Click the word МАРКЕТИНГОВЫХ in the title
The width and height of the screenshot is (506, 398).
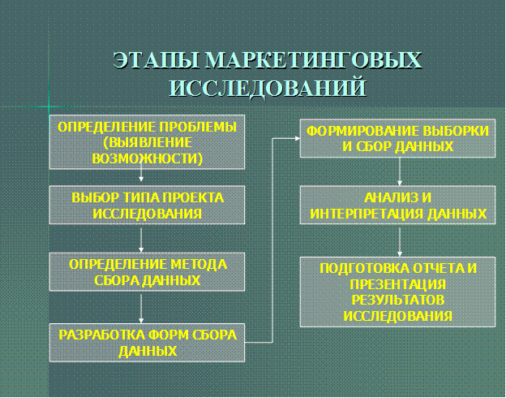[x=313, y=60]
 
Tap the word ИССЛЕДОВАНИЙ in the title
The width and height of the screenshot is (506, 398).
[x=268, y=87]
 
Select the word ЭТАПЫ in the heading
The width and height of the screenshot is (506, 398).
[x=157, y=60]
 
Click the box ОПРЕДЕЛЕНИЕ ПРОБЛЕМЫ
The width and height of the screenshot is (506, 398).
[x=147, y=142]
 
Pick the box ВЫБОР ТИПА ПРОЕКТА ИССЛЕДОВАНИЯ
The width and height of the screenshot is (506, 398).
[x=147, y=205]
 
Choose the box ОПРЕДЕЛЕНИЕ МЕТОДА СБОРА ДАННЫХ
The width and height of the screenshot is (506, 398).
[x=147, y=272]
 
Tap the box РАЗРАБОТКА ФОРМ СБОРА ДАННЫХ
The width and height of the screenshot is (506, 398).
[x=147, y=343]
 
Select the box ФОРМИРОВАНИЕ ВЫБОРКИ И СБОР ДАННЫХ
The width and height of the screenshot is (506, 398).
[x=397, y=138]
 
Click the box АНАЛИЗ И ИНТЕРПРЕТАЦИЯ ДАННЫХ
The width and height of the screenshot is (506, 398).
[x=397, y=205]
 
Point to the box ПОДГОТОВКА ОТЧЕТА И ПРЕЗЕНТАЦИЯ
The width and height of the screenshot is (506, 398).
[x=397, y=292]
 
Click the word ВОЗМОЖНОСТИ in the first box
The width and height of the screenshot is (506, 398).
[x=146, y=158]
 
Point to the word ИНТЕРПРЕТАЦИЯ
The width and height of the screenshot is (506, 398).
[x=367, y=214]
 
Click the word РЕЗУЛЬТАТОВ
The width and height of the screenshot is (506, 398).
[x=397, y=300]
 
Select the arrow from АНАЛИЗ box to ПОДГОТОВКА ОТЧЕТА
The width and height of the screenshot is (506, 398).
[x=400, y=242]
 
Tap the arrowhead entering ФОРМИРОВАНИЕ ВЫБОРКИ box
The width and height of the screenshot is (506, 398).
[x=298, y=138]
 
